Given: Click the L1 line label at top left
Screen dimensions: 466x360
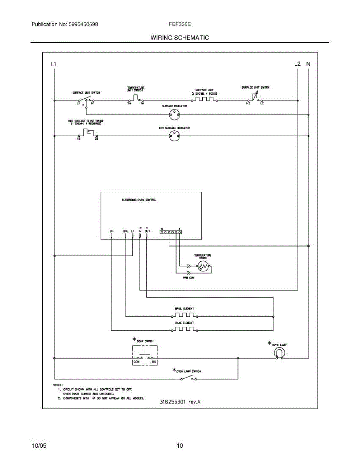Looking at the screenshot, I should coord(54,64).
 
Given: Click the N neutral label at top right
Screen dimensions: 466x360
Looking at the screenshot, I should coord(308,64).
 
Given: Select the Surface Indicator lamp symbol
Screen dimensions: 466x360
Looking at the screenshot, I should coord(174,114).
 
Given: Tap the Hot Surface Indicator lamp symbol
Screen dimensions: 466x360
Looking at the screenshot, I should coord(174,136).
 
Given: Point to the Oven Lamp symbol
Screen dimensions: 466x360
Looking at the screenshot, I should coord(278,352).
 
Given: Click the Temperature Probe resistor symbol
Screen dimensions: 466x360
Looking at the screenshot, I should coord(203,266).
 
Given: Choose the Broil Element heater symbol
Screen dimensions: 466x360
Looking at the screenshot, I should coord(184,316).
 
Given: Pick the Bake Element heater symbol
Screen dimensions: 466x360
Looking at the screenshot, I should coord(184,330).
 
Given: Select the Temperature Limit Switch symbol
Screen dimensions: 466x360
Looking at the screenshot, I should coord(135,98).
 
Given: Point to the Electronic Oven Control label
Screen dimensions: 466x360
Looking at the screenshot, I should coord(139,200).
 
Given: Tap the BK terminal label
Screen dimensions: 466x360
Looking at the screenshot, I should coord(111,231).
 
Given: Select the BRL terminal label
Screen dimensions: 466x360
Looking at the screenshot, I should coord(125,231).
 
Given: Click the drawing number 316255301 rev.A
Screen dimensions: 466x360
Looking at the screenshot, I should coord(180,402).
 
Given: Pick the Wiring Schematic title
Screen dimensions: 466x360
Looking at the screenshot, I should coord(180,38).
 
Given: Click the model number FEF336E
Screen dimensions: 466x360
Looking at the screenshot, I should coord(179,24).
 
